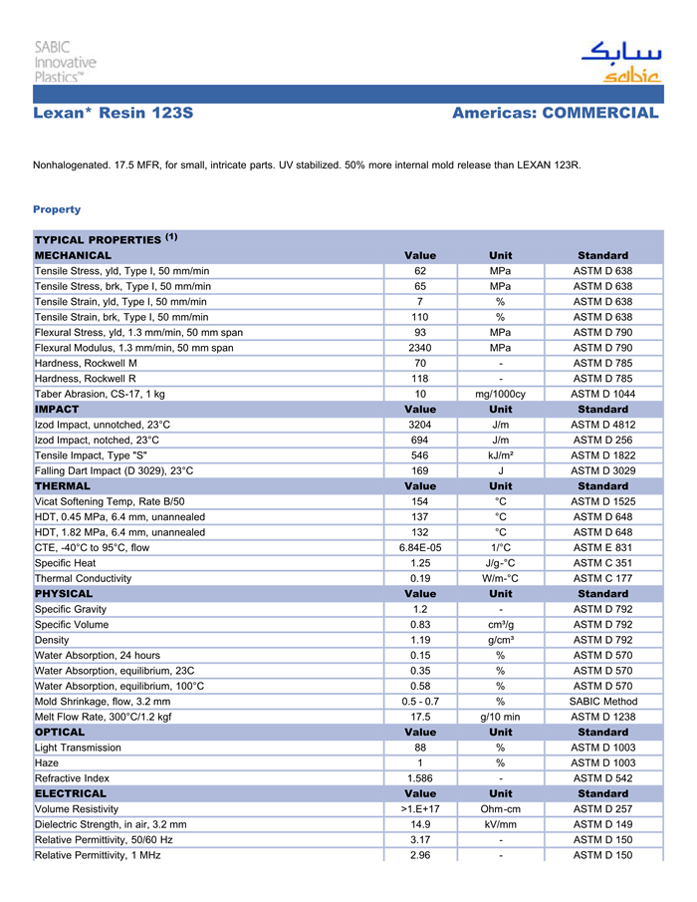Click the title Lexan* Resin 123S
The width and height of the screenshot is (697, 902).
coord(113,114)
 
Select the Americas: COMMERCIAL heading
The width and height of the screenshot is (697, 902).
coord(555,114)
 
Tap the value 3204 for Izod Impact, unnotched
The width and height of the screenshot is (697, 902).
coord(420,425)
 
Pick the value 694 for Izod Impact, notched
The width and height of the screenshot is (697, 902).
coord(420,440)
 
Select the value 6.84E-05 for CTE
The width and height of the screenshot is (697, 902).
coord(420,547)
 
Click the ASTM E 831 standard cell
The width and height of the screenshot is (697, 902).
coord(602,547)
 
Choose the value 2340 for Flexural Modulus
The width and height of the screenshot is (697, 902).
coord(420,348)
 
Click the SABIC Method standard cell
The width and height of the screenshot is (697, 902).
coord(602,702)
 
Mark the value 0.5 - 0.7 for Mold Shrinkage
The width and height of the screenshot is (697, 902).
coord(420,702)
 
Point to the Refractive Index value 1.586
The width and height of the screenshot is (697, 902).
coord(420,778)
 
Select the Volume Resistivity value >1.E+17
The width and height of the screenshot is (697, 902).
coord(420,809)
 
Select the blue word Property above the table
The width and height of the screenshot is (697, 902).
coord(57,209)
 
